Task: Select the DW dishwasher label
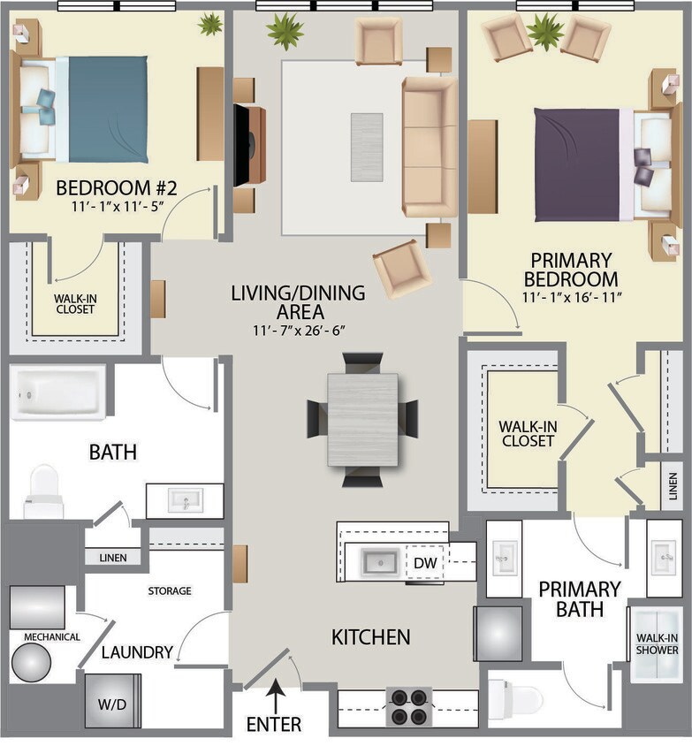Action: [x=424, y=562]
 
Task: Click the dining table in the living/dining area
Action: [x=362, y=419]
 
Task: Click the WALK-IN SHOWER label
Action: [x=657, y=643]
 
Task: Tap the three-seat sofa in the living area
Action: [x=430, y=146]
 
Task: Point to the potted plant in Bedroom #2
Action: [x=210, y=25]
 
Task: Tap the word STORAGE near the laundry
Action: [x=169, y=590]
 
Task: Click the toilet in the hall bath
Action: [x=43, y=491]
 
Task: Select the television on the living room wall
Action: [x=240, y=145]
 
